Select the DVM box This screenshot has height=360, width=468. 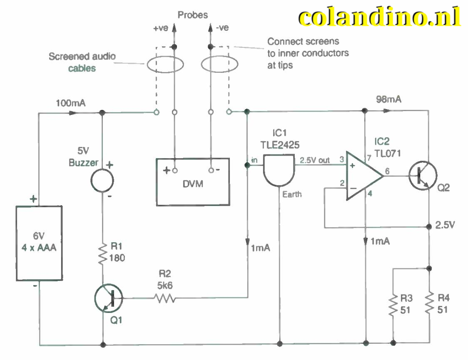click(192, 181)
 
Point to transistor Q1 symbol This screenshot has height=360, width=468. click(108, 298)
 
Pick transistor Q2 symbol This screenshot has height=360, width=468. click(422, 176)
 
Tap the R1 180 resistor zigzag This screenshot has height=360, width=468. click(102, 255)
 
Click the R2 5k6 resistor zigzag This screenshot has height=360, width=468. click(164, 298)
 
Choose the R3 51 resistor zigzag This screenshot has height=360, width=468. click(392, 306)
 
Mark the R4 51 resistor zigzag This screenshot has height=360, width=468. click(429, 306)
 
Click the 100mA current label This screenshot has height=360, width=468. click(71, 103)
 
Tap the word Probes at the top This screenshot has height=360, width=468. click(192, 15)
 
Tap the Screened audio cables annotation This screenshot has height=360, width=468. click(82, 62)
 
